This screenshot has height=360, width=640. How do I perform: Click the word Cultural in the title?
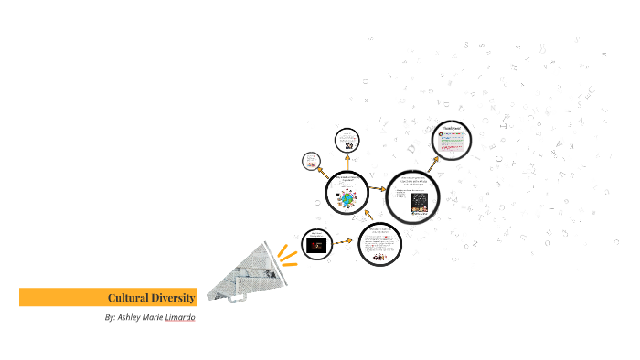pos(127,298)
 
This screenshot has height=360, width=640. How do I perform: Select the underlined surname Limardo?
pos(180,318)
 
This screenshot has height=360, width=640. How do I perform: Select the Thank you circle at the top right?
pos(451,139)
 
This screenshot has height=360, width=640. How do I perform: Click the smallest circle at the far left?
pos(312,162)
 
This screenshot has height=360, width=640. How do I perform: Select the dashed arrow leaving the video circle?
pos(343,241)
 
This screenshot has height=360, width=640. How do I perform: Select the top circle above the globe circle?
pos(347,140)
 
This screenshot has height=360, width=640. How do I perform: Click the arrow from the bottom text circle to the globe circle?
pos(367,217)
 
